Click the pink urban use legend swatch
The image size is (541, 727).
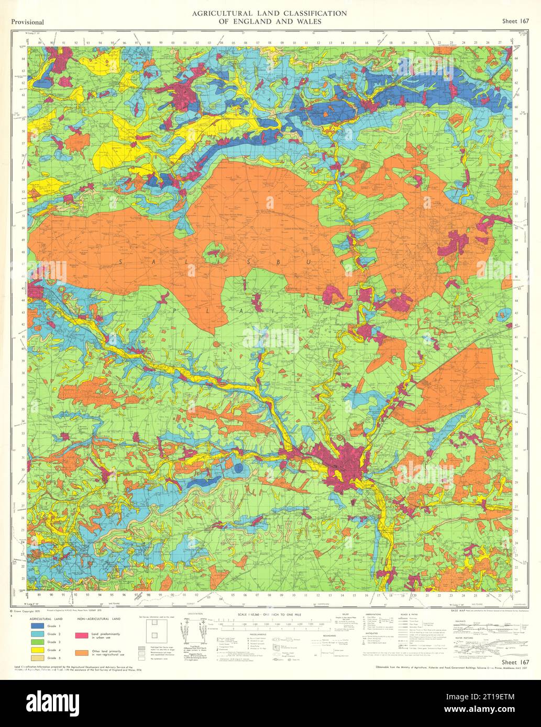81,635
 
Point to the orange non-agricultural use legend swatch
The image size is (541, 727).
81,652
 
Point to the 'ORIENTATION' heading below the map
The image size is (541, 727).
195,613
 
